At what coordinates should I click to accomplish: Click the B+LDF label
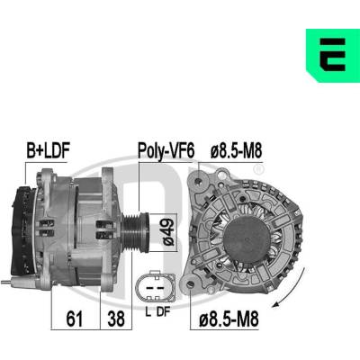[x=48, y=150]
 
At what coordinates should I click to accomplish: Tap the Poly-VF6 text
[x=166, y=151]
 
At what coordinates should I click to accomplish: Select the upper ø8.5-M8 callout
[x=236, y=150]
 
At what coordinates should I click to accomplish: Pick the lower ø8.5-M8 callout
[x=229, y=319]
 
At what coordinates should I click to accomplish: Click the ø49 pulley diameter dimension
[x=167, y=232]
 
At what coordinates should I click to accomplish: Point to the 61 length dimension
[x=75, y=319]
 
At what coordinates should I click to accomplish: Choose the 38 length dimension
[x=116, y=319]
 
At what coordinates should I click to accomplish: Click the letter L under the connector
[x=148, y=312]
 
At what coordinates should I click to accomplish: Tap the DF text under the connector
[x=164, y=312]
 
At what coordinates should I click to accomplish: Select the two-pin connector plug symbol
[x=155, y=287]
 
